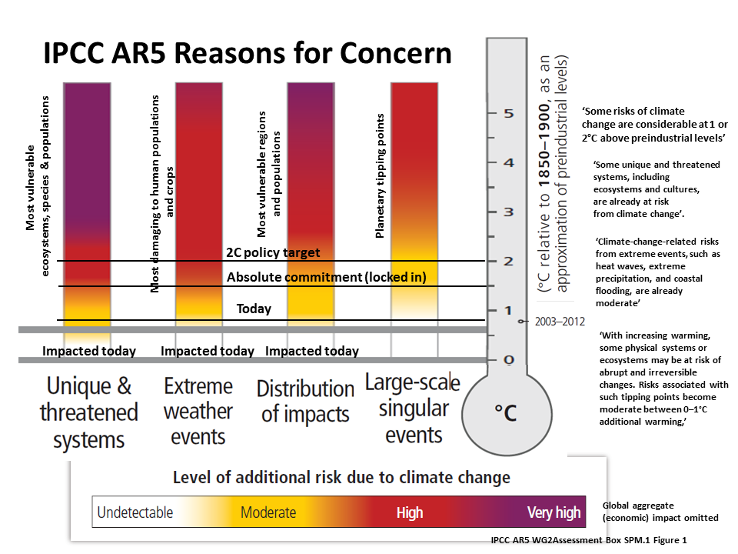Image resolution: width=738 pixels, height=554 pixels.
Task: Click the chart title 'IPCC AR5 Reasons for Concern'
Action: click(x=248, y=53)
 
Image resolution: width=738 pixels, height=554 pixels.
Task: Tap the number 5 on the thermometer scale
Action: click(x=509, y=114)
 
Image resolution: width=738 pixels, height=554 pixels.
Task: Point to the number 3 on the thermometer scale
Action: click(x=509, y=212)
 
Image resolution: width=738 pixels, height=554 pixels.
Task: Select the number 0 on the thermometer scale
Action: click(x=509, y=360)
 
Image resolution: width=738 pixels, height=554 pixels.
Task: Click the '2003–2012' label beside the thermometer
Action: click(x=560, y=322)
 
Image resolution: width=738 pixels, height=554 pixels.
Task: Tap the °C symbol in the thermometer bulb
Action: click(x=506, y=412)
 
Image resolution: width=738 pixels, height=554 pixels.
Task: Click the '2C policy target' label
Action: click(x=273, y=252)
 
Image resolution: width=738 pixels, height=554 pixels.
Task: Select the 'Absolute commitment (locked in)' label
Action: click(x=327, y=277)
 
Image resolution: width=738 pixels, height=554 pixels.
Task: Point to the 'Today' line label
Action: click(x=254, y=309)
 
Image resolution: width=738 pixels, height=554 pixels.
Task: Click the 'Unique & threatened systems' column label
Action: click(x=89, y=412)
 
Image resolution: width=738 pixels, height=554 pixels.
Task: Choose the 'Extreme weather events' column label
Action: click(x=198, y=411)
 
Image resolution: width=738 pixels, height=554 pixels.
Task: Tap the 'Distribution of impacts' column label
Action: click(x=305, y=402)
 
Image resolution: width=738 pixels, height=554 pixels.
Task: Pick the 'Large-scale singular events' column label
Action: click(x=414, y=408)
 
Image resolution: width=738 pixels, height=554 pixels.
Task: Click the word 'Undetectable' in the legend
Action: click(x=135, y=512)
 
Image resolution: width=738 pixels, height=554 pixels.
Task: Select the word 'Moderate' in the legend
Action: click(x=268, y=512)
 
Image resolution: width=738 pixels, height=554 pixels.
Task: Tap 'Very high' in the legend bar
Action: click(x=554, y=512)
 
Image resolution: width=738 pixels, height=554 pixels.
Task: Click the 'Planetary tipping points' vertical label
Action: click(x=380, y=175)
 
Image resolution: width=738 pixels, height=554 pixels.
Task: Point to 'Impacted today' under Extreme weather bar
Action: click(x=207, y=351)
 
